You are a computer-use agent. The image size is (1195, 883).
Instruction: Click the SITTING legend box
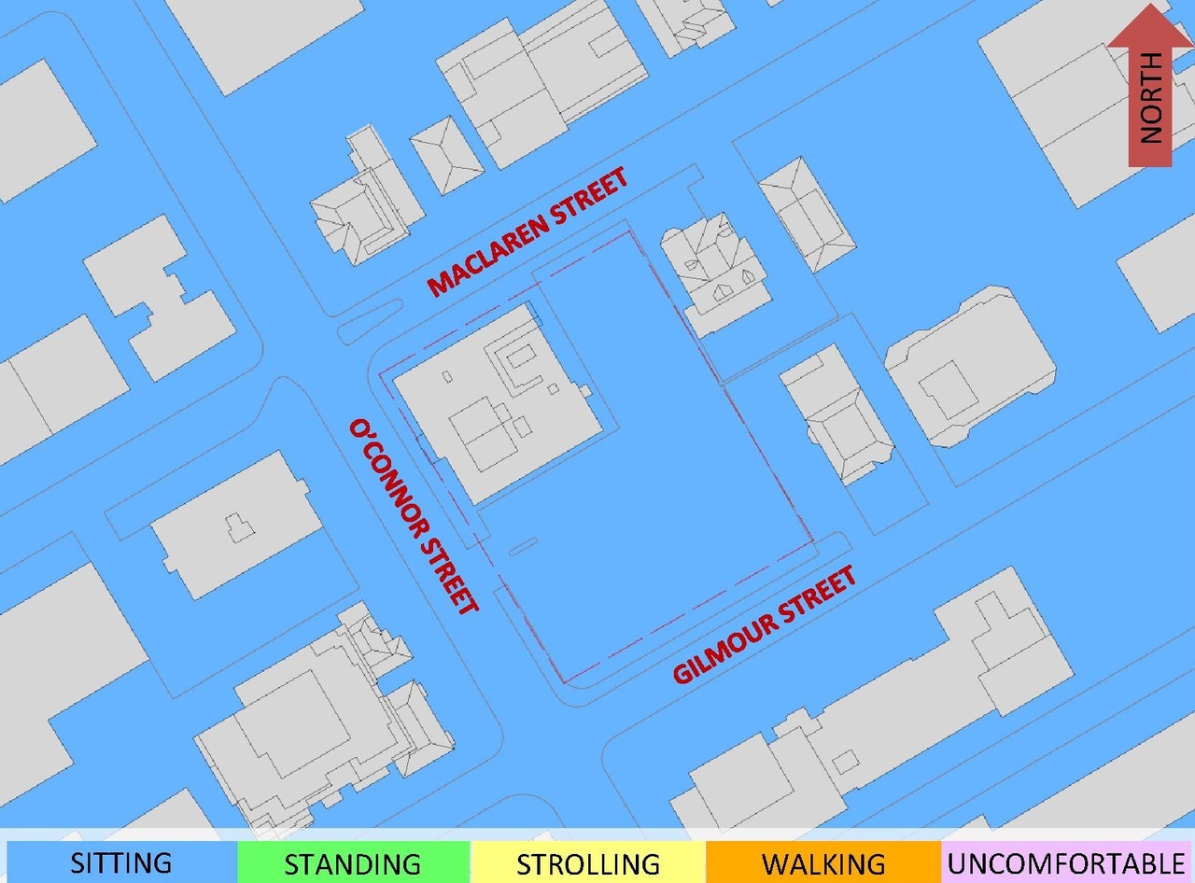click(x=121, y=862)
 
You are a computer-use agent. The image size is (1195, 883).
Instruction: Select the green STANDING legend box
click(x=353, y=862)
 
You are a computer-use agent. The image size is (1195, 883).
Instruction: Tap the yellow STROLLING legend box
click(x=588, y=862)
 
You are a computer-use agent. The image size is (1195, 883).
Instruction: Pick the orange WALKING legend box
click(x=823, y=862)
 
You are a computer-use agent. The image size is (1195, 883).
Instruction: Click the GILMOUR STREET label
click(x=765, y=627)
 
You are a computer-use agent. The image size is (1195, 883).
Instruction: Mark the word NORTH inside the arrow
click(x=1152, y=97)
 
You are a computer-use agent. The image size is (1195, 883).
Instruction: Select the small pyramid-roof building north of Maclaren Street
click(x=447, y=154)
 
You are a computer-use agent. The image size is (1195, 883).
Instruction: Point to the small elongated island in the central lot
click(x=523, y=546)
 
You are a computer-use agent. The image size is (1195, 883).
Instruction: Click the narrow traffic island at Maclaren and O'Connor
click(x=369, y=321)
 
